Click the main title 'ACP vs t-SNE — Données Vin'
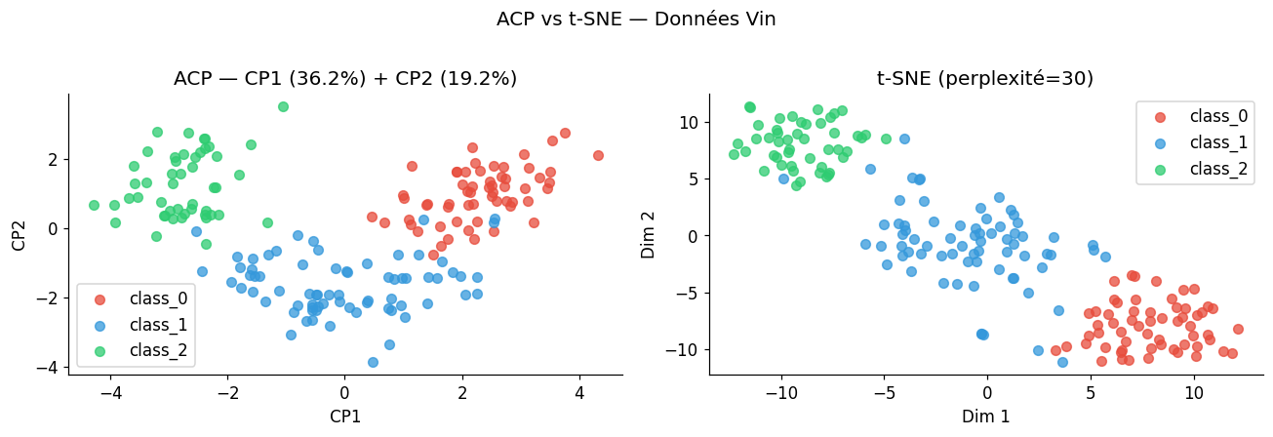(x=636, y=20)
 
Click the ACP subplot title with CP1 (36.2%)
(x=345, y=79)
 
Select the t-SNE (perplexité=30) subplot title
(x=986, y=79)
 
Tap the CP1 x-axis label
(x=345, y=416)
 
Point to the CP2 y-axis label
(x=20, y=234)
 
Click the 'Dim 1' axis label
(x=986, y=416)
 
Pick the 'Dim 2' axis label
(x=649, y=234)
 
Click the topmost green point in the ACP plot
(x=283, y=106)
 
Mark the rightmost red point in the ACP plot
(x=598, y=155)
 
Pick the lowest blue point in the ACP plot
(x=373, y=362)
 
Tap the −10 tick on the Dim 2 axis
(x=687, y=349)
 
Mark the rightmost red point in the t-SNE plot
(x=1238, y=329)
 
